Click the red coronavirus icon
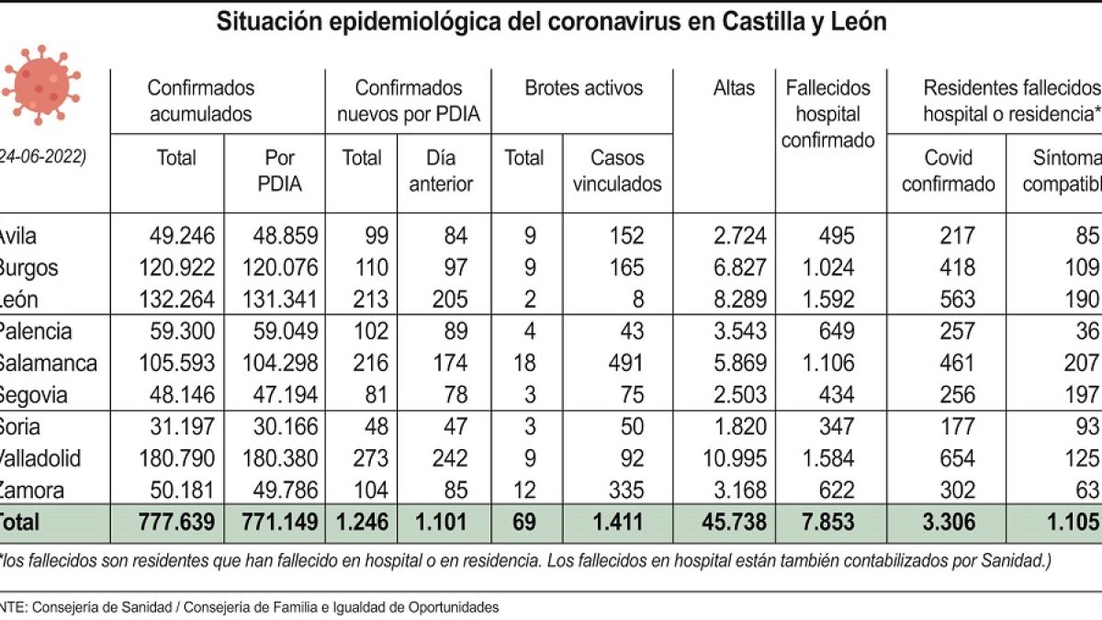[40, 85]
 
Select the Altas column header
[733, 88]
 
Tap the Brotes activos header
[583, 88]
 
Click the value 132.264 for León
[181, 299]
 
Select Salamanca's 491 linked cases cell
[624, 363]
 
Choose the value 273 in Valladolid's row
[364, 457]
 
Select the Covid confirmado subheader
[948, 171]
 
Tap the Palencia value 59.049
[285, 332]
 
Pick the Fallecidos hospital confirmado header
[827, 115]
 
